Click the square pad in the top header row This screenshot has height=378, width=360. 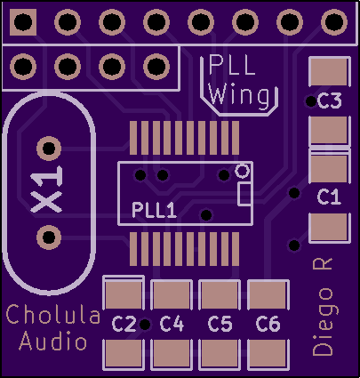point(23,22)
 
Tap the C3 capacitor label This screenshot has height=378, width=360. point(330,101)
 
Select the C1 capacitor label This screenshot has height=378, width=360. point(329,197)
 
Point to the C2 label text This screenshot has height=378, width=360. point(124,324)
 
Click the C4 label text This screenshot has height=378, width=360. point(172,324)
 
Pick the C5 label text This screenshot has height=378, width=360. point(220,324)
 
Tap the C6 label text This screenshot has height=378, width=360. point(268,324)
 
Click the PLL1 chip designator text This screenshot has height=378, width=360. point(154,210)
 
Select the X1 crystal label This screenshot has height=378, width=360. point(46,189)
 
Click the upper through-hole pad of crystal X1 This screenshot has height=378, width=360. point(49,149)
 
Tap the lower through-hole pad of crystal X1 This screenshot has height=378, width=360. point(49,237)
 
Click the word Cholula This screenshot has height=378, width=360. point(53,315)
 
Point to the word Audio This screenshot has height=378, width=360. point(53,341)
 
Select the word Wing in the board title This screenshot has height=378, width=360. point(239,95)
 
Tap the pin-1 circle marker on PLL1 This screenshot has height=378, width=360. point(243,171)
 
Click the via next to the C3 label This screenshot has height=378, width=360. point(311,101)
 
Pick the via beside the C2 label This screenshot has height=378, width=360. point(145,325)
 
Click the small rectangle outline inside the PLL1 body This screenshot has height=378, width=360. point(244,194)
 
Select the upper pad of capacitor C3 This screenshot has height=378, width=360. point(330,71)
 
